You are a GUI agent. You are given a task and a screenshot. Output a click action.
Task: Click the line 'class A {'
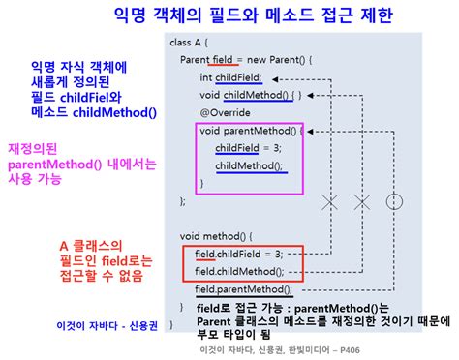[x=192, y=43]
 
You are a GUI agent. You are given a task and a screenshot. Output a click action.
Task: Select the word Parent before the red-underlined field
[x=197, y=60]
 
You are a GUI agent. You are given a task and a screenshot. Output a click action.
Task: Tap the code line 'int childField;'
[x=232, y=77]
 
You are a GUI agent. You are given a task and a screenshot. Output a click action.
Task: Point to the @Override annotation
[x=226, y=112]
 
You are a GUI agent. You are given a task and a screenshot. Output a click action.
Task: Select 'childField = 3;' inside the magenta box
[x=249, y=148]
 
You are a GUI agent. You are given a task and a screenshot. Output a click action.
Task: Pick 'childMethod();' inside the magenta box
[x=250, y=165]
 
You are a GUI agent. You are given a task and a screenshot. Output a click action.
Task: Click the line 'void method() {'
[x=216, y=236]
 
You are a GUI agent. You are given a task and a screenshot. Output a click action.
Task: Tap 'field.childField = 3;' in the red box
[x=238, y=254]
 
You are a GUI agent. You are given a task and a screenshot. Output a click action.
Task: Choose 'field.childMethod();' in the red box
[x=239, y=271]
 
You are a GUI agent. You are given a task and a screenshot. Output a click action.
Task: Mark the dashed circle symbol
[x=393, y=201]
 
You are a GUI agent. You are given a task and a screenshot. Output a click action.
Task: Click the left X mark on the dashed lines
[x=330, y=201]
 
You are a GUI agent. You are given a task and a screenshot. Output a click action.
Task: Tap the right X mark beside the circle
[x=362, y=201]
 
